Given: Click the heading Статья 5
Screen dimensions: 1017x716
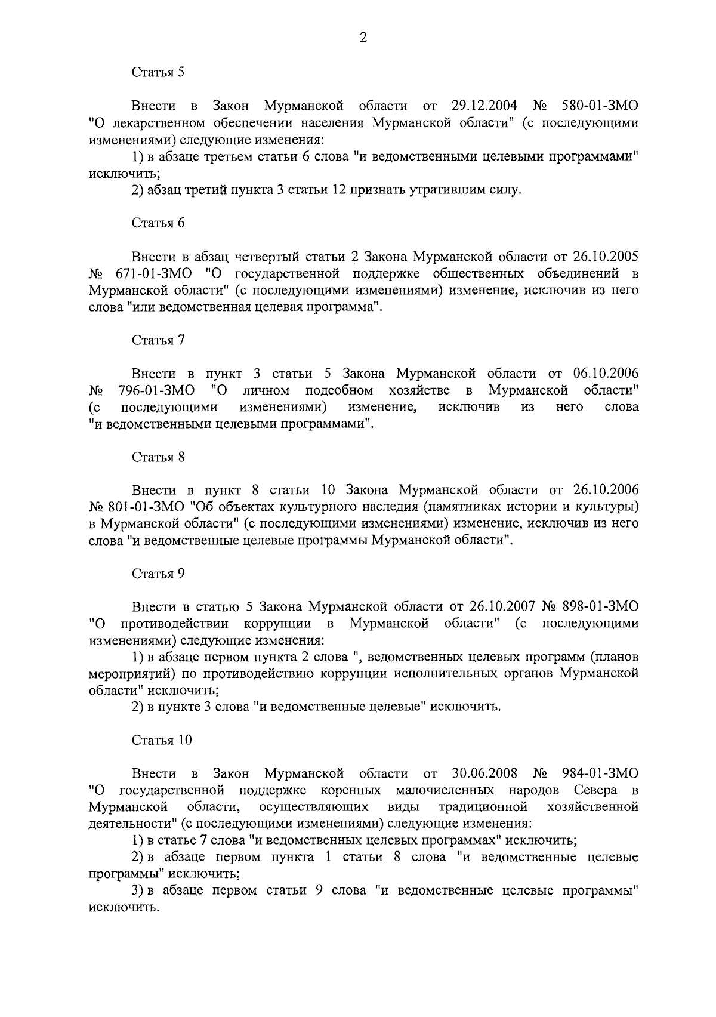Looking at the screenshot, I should pyautogui.click(x=158, y=73).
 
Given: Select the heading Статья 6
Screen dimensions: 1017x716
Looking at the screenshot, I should pyautogui.click(x=158, y=223).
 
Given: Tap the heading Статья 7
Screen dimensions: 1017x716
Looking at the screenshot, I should pyautogui.click(x=158, y=340).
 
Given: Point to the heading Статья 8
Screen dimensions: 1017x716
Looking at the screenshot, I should pyautogui.click(x=158, y=457).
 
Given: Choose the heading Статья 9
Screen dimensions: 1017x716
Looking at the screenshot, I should pyautogui.click(x=158, y=574).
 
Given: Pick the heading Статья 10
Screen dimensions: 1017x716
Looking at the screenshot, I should pyautogui.click(x=162, y=740).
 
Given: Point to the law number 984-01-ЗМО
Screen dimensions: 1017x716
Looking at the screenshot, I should pyautogui.click(x=600, y=773).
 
